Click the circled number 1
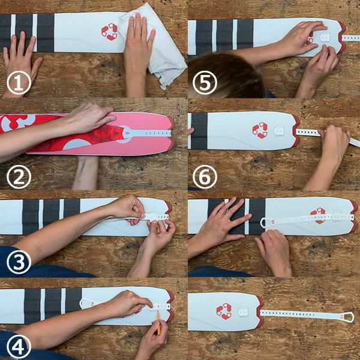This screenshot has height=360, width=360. click(19, 82)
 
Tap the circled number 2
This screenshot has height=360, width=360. click(19, 176)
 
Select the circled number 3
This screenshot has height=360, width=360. click(19, 262)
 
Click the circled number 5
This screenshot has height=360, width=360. click(205, 82)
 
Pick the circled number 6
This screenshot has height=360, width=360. click(205, 177)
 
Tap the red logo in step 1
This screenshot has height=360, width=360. click(110, 32)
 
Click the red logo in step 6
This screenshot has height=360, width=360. click(260, 130)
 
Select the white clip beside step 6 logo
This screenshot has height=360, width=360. click(279, 131)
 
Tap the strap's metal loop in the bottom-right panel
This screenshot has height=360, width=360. click(347, 317)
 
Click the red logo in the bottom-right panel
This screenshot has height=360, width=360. click(224, 311)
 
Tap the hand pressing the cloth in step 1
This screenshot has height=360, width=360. click(140, 53)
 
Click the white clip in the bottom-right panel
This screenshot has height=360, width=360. click(243, 312)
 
